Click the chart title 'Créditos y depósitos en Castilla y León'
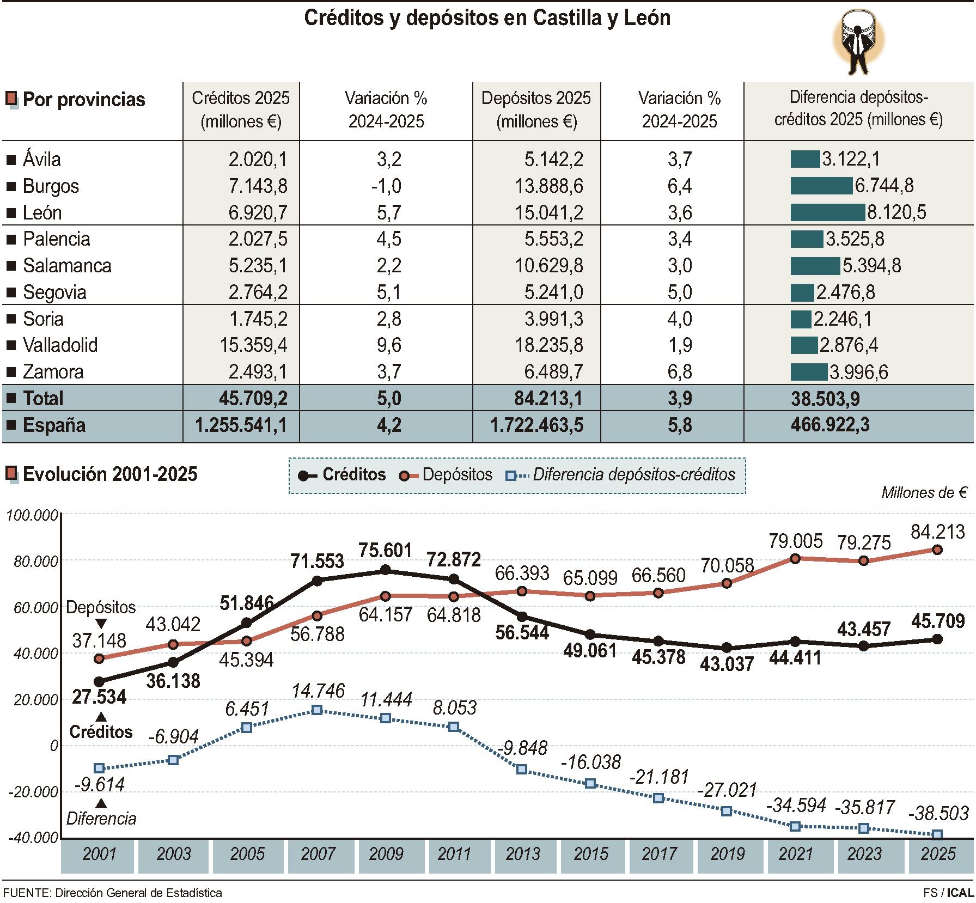click(487, 18)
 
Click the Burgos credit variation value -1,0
click(386, 186)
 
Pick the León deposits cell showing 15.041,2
click(549, 212)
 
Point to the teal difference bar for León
click(827, 212)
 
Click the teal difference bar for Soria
click(801, 319)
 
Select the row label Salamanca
click(67, 266)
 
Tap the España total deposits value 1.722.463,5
click(537, 425)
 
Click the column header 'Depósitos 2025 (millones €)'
click(536, 109)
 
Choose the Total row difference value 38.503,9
click(826, 399)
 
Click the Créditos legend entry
click(342, 474)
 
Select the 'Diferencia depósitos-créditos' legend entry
click(621, 474)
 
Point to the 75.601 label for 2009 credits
click(385, 551)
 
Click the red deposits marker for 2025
click(937, 550)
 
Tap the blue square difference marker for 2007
click(317, 710)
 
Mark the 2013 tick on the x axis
click(522, 853)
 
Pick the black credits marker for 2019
click(727, 648)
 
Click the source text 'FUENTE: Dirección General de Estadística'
click(113, 893)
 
